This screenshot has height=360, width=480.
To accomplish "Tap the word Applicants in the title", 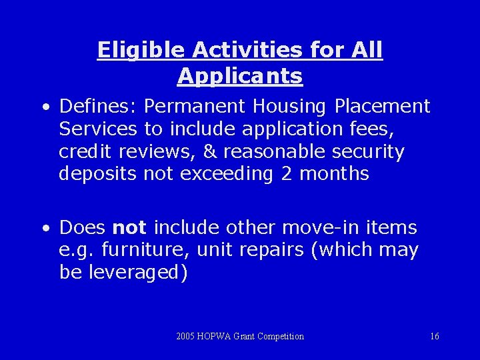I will point(240,76).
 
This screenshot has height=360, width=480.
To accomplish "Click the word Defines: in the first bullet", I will point(98,107).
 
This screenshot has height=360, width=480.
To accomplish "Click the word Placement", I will point(383,107).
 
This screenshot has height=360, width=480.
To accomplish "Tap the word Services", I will point(98,129).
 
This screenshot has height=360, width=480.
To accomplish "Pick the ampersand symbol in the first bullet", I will point(210,152).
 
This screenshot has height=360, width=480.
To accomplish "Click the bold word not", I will point(129,228).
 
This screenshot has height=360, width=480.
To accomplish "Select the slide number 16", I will point(435,337).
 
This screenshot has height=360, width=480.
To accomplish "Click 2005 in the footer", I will point(185,337).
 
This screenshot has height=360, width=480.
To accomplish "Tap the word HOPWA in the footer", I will point(214,337).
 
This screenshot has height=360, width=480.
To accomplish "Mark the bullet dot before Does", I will point(45,229).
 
